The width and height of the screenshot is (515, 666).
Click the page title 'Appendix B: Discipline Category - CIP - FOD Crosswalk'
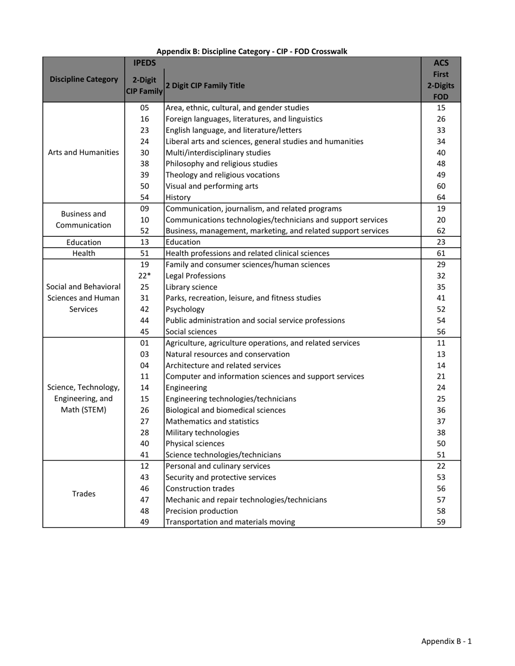point(252,51)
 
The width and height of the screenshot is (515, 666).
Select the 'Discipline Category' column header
point(83,79)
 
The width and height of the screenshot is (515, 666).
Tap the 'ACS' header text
point(441,63)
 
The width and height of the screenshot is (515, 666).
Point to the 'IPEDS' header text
point(144,63)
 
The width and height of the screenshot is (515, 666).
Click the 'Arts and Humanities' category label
point(83,152)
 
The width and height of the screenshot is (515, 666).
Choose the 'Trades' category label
point(83,494)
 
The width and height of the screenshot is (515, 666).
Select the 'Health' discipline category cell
point(83,253)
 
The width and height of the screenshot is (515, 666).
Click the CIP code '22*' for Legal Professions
point(144,276)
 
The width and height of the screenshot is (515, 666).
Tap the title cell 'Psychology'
point(185,309)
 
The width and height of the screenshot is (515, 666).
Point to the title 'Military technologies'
point(202,432)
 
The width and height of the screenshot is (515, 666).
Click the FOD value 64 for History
point(441,197)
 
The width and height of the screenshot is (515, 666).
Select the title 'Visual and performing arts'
point(211,186)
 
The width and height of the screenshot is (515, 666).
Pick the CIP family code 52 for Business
point(144,231)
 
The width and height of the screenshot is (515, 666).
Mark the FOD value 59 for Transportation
point(441,522)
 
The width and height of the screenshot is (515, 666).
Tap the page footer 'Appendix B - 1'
point(446,641)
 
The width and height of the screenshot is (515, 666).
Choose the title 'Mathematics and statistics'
point(212,421)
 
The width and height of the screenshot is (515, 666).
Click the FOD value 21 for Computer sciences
point(441,376)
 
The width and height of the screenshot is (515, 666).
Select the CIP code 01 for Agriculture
point(144,343)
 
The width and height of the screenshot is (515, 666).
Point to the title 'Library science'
point(191,287)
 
